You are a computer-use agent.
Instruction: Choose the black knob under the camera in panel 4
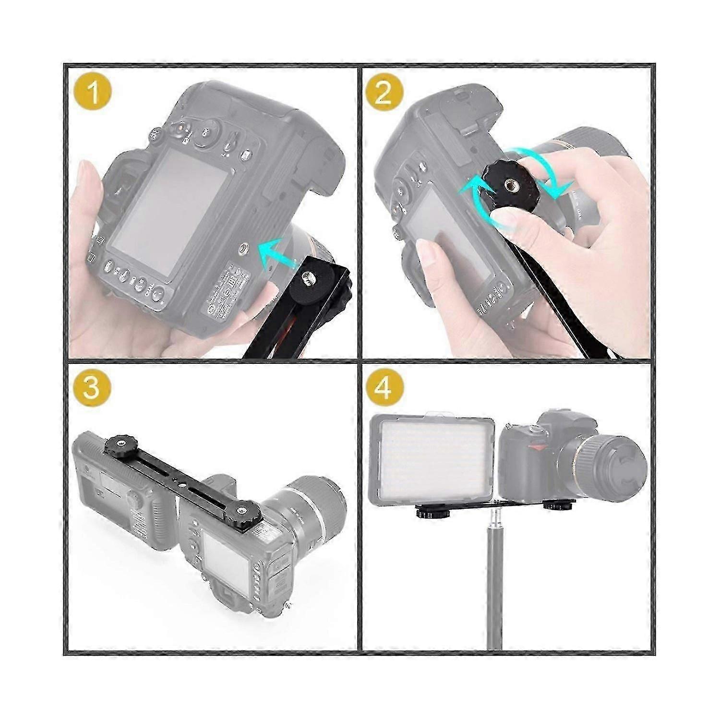pyautogui.click(x=559, y=505)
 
